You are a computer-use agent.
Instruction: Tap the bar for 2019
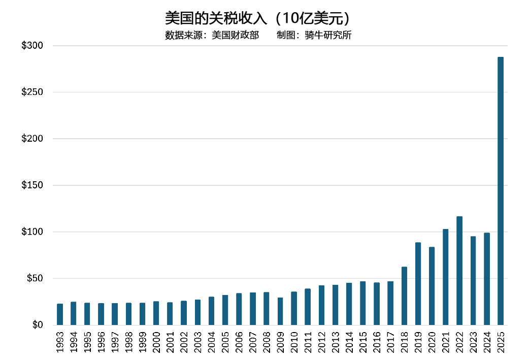pyautogui.click(x=418, y=284)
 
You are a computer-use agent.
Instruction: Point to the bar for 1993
pyautogui.click(x=60, y=314)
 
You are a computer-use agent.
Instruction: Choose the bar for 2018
pyautogui.click(x=404, y=296)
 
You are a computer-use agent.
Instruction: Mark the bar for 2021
pyautogui.click(x=445, y=277)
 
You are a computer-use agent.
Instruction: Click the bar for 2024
pyautogui.click(x=487, y=279)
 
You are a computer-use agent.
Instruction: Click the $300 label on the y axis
pyautogui.click(x=32, y=46)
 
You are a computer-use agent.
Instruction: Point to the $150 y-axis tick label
pyautogui.click(x=32, y=185)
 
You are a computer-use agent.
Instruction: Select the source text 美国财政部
pyautogui.click(x=235, y=36)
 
